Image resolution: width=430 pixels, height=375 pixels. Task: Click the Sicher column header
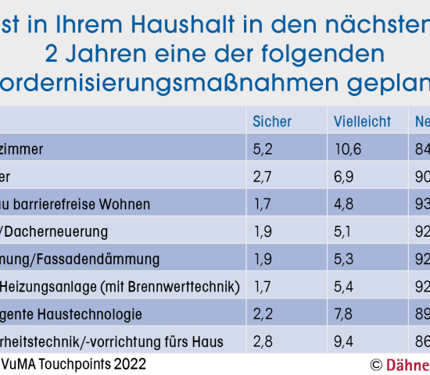[x=272, y=121]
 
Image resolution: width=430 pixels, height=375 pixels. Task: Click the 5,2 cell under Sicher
[x=262, y=148]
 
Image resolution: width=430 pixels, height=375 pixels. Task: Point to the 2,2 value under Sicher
[x=262, y=314]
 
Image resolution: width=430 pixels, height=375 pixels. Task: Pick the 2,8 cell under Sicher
[x=262, y=341]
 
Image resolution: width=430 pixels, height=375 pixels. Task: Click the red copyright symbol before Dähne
[x=376, y=365]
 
